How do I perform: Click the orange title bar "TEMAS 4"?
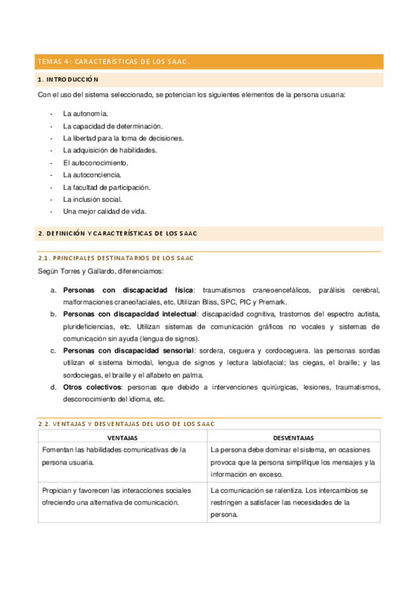pyautogui.click(x=114, y=62)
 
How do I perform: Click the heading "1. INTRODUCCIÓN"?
pyautogui.click(x=68, y=80)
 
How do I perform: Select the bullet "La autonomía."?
pyautogui.click(x=84, y=112)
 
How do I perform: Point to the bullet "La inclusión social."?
pyautogui.click(x=92, y=200)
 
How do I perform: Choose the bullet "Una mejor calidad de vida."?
pyautogui.click(x=104, y=212)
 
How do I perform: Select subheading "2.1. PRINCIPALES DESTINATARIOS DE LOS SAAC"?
pyautogui.click(x=114, y=258)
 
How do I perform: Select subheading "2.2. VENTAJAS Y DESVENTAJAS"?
pyautogui.click(x=126, y=424)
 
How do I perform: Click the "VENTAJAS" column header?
pyautogui.click(x=122, y=437)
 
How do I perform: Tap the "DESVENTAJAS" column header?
pyautogui.click(x=293, y=437)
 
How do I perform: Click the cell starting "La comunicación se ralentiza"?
pyautogui.click(x=292, y=503)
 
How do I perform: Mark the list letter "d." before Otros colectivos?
pyautogui.click(x=54, y=387)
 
